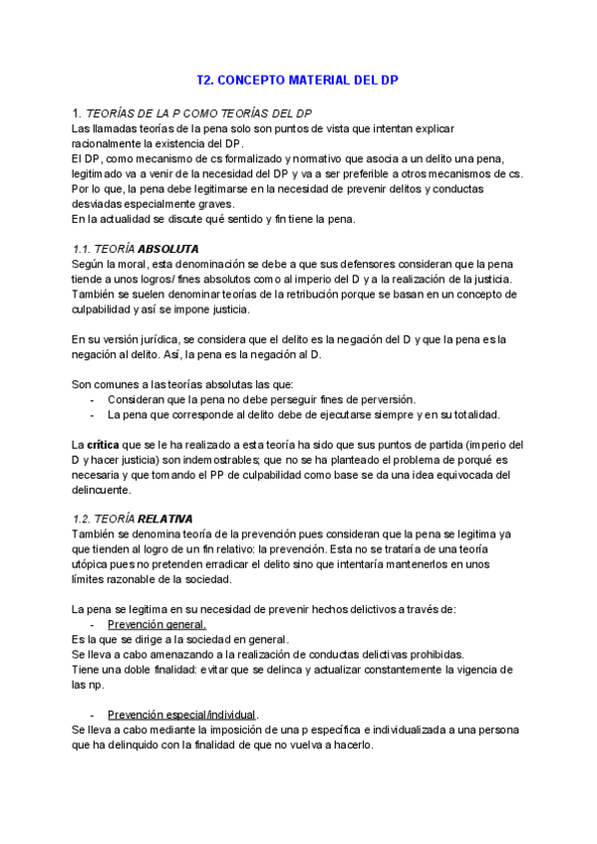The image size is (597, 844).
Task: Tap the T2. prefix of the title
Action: pos(206,79)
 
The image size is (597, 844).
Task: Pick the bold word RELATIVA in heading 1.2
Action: pos(165,519)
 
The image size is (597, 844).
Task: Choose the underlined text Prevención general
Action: pos(157,624)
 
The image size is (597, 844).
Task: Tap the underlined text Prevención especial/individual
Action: pos(182,714)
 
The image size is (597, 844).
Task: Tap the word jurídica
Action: pos(167,339)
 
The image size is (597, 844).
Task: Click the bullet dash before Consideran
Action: pos(93,399)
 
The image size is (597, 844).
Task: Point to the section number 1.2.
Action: pos(84,519)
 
